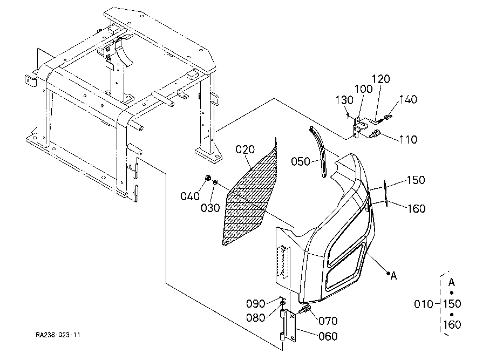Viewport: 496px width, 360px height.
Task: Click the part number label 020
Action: tap(245, 150)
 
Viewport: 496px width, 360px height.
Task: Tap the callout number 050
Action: tap(301, 161)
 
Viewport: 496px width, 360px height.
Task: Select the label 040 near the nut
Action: tap(190, 196)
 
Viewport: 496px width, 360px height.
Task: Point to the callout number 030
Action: tap(210, 208)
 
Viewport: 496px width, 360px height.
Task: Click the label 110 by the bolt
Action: tap(408, 139)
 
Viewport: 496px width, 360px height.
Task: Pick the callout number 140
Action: tap(408, 99)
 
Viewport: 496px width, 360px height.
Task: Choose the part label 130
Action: tap(344, 100)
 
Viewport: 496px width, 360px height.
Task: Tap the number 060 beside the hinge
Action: tap(328, 336)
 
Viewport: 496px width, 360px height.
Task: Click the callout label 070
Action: tap(328, 321)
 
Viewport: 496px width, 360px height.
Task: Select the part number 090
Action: tap(256, 304)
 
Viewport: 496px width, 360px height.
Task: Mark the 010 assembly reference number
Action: tap(424, 304)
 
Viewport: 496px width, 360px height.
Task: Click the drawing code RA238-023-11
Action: tap(58, 335)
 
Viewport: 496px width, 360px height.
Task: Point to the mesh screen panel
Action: tap(250, 193)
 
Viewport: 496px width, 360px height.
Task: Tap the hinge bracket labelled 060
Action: tap(288, 327)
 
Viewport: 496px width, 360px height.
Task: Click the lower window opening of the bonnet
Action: tap(345, 267)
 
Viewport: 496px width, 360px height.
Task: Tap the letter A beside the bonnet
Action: tap(393, 276)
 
